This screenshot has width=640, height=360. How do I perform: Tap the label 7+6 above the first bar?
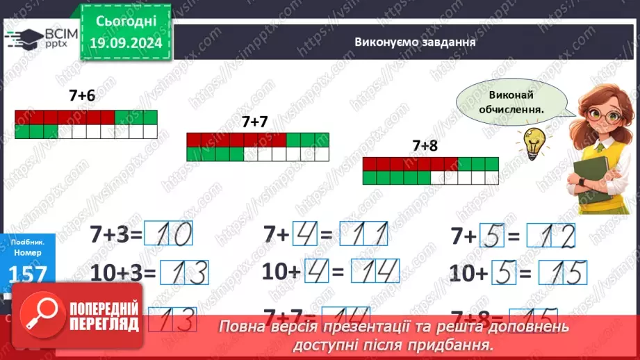point(81,97)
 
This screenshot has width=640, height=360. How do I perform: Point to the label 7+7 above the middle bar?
point(255,121)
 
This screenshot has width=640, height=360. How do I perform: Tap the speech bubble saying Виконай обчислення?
point(509,102)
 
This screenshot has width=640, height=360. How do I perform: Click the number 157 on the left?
point(28,275)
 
